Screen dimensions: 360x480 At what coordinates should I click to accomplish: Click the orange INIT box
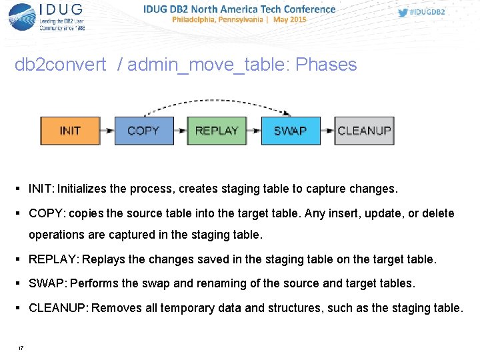coord(70,131)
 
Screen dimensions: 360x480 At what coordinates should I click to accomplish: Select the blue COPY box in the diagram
coord(143,131)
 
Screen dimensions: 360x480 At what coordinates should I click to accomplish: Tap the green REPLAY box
coord(217,131)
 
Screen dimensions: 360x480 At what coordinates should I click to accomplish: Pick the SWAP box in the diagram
coord(290,131)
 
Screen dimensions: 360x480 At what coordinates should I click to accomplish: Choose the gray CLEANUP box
coord(364,131)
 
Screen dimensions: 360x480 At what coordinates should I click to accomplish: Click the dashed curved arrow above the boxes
coord(217,102)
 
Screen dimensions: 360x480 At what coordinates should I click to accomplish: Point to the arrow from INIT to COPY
coord(107,131)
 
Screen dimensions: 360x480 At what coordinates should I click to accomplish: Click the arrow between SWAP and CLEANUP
coord(327,131)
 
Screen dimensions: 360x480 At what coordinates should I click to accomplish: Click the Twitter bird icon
coord(403,13)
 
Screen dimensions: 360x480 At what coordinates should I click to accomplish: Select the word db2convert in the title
coord(61,65)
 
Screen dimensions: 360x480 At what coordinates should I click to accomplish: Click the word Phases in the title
coord(326,65)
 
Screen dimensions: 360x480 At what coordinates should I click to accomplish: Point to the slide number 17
coord(21,349)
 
